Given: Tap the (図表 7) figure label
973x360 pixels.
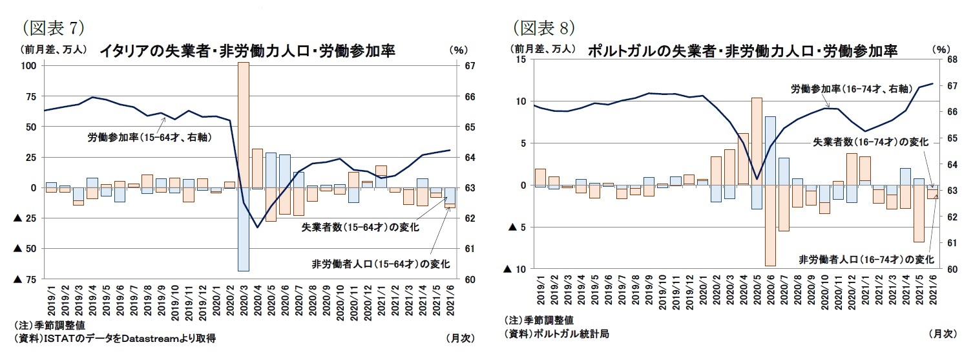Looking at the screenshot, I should pyautogui.click(x=50, y=27).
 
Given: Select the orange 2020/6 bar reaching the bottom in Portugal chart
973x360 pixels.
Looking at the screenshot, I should pyautogui.click(x=770, y=226).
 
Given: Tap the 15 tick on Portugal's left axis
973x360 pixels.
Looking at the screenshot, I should pyautogui.click(x=521, y=59).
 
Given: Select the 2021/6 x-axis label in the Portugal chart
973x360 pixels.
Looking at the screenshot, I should pyautogui.click(x=932, y=290).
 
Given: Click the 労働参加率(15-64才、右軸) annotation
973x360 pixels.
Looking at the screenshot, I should pyautogui.click(x=150, y=137).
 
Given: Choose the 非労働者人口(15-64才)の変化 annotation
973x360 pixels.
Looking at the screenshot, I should pyautogui.click(x=380, y=264).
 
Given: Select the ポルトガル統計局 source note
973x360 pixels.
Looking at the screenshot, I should pyautogui.click(x=556, y=334).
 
